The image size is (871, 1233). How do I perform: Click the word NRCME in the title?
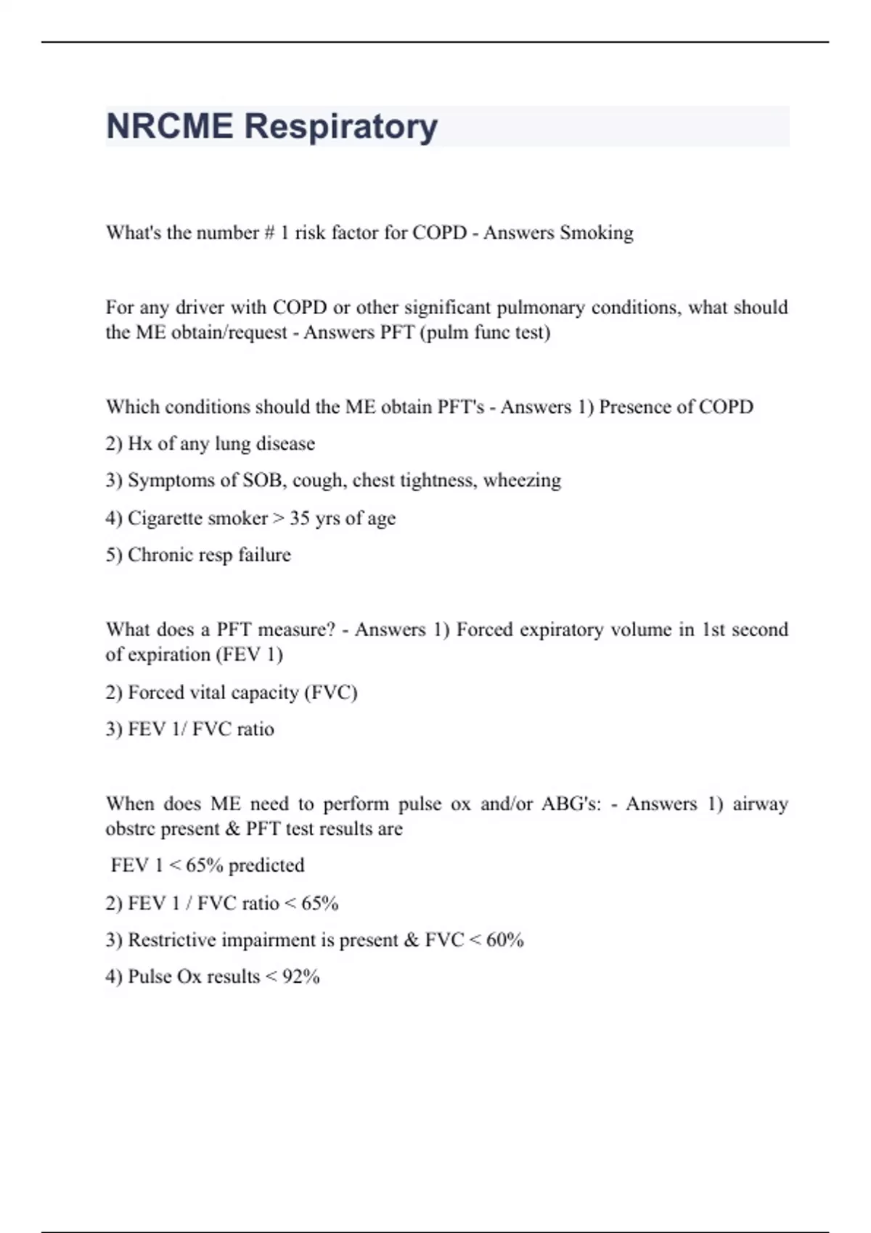[x=170, y=126]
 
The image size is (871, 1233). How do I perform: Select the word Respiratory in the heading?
[x=341, y=126]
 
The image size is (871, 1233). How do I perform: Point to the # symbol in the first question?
[x=269, y=233]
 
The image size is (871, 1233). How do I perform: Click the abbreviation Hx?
[x=139, y=443]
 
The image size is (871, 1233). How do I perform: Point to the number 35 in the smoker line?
[x=300, y=518]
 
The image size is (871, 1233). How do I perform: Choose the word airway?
[x=760, y=804]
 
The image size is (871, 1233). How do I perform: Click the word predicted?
[x=266, y=865]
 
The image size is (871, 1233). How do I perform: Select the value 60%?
[x=505, y=940]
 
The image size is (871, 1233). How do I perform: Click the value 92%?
[x=301, y=977]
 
